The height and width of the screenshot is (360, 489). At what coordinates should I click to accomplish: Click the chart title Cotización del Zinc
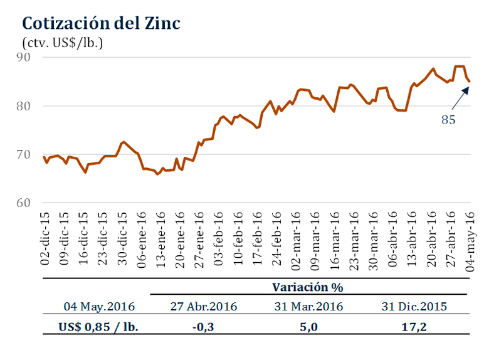(x=101, y=23)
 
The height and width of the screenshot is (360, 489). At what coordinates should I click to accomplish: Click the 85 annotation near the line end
(x=448, y=119)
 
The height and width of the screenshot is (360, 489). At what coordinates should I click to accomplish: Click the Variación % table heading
(x=309, y=287)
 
